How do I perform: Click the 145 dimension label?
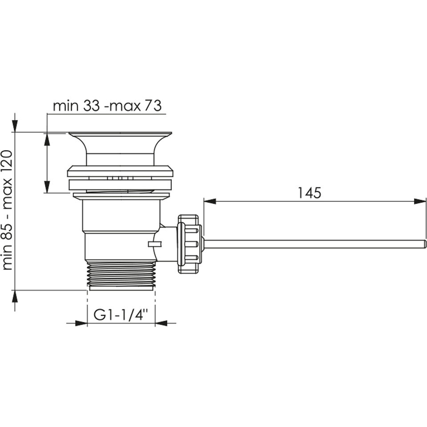[x=309, y=193]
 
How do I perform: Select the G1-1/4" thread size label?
[x=121, y=315]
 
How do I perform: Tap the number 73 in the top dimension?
[x=153, y=106]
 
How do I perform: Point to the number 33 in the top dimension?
[x=92, y=106]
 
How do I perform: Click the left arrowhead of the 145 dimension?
[x=209, y=201]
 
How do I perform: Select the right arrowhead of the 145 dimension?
[x=420, y=201]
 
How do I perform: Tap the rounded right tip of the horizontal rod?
[x=424, y=244]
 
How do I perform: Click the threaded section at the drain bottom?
[x=121, y=274]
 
